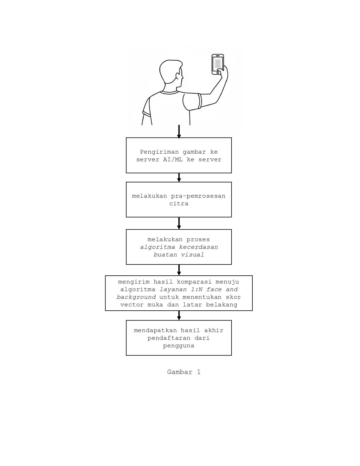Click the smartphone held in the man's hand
(x=218, y=64)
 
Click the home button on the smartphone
(x=218, y=73)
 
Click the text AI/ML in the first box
(x=173, y=160)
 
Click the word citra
(x=179, y=204)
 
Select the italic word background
(x=136, y=297)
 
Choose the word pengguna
(x=179, y=346)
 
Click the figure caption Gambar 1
(x=184, y=372)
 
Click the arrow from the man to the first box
(x=179, y=131)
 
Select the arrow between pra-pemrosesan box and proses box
(x=179, y=223)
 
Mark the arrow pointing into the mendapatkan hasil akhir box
(x=179, y=315)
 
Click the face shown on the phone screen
(x=217, y=63)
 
